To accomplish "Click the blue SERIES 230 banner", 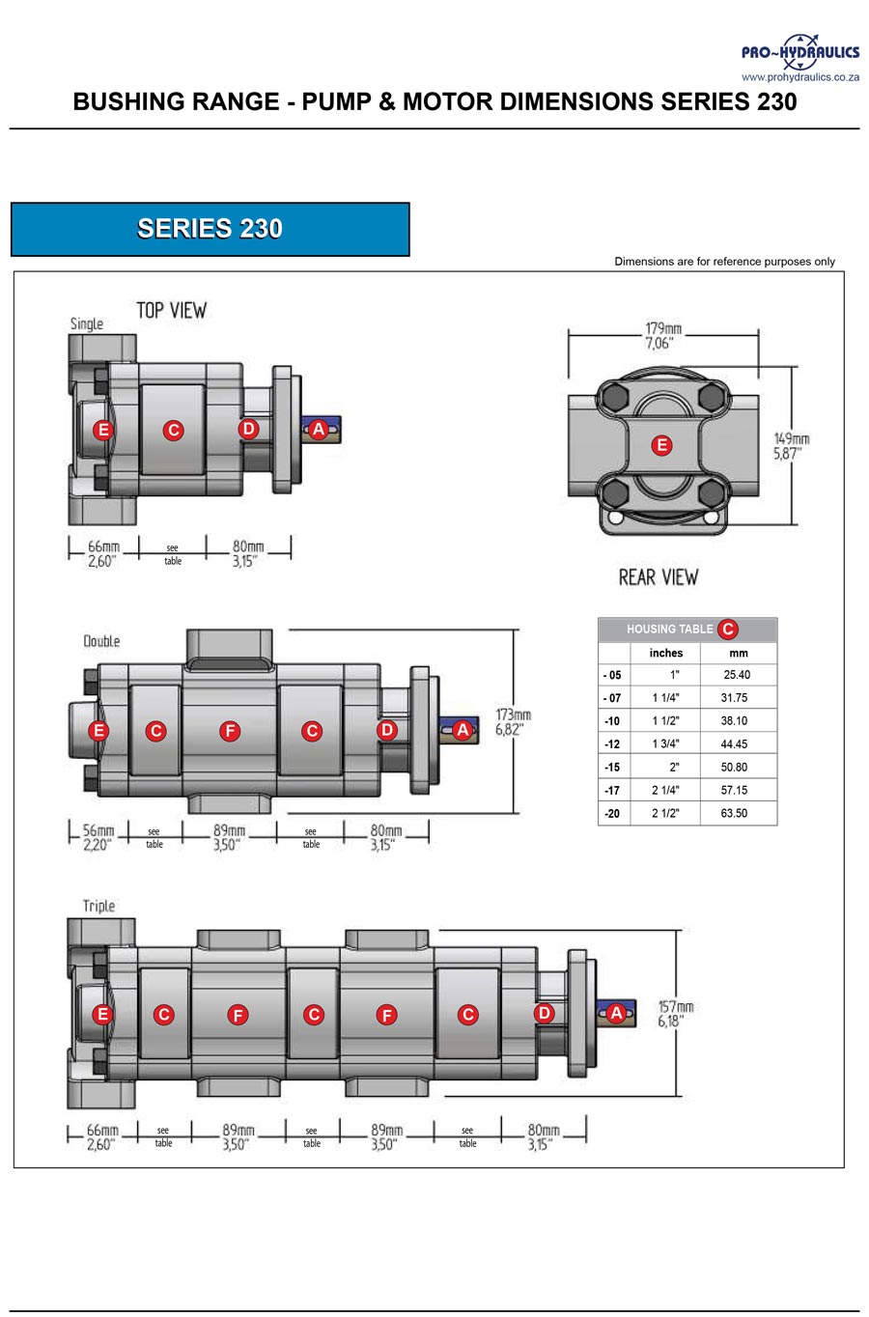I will [x=210, y=229].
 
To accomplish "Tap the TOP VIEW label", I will [x=171, y=310].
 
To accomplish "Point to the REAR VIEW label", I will [x=658, y=577].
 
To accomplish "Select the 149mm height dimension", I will [x=791, y=446].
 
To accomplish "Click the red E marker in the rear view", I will [x=661, y=445].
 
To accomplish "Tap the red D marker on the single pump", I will [x=248, y=429].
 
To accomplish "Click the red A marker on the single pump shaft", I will [x=318, y=430].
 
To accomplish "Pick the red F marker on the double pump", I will [x=230, y=731].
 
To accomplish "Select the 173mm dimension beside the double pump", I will [x=513, y=721].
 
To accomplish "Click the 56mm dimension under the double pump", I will [x=98, y=836].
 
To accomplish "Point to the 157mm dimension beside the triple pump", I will [x=675, y=1014].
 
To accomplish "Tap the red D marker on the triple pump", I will [x=545, y=1013].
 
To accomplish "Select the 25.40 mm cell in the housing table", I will [x=737, y=675].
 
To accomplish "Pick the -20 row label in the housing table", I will [x=612, y=813].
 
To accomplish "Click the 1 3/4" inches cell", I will [x=665, y=743].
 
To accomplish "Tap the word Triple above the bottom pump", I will [x=98, y=906].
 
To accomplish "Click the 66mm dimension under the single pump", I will [x=101, y=553].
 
